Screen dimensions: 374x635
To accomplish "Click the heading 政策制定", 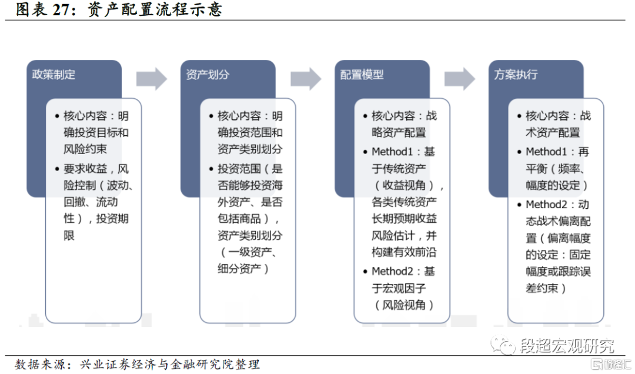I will tap(54, 75).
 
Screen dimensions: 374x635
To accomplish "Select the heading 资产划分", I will tap(208, 75).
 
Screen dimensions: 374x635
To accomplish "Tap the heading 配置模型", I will tap(362, 75).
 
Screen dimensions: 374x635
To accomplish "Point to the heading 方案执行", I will tap(516, 75).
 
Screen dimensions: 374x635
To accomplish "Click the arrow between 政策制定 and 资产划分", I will tap(152, 79).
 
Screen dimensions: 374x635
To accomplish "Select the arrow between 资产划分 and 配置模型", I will tap(306, 79).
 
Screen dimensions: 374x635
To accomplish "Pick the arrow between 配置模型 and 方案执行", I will tap(460, 79).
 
